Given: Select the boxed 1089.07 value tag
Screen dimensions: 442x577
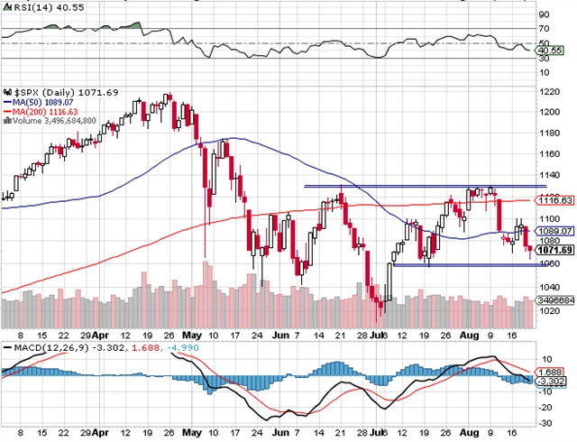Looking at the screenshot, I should [550, 231].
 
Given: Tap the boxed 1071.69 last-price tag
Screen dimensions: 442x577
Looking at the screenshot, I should [550, 251].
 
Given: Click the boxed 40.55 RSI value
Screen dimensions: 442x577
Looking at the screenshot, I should [548, 52].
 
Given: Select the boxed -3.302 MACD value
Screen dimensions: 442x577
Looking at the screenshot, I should [548, 382].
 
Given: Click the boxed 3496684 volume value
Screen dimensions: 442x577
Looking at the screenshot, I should [550, 299].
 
